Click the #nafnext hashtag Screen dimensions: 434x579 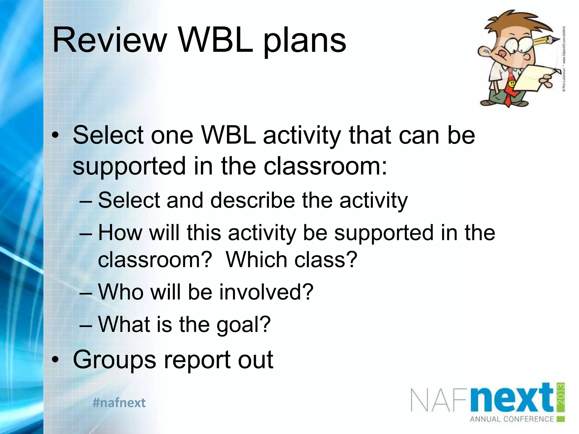point(119,403)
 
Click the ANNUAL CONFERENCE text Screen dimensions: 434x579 point(512,419)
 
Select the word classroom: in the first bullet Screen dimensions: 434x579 point(325,166)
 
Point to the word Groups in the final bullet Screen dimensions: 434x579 point(114,360)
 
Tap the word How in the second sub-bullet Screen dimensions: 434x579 point(120,233)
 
